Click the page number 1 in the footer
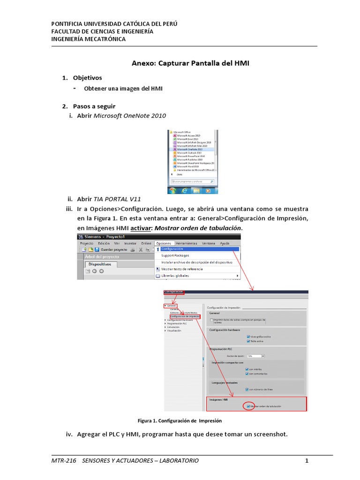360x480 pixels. (307, 461)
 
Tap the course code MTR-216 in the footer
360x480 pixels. (63, 461)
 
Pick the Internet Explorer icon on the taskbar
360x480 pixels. (185, 190)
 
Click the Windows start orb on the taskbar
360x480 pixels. (172, 190)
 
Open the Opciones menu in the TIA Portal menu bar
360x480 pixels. (164, 243)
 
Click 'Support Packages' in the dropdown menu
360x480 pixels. (176, 255)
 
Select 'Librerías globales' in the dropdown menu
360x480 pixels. (175, 276)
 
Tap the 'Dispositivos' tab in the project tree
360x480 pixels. (99, 264)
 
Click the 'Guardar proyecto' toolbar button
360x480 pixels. (112, 249)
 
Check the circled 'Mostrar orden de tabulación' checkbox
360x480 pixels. (248, 406)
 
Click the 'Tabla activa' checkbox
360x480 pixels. (248, 341)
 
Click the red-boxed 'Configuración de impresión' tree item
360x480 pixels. (185, 316)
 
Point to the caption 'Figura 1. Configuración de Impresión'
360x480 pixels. (180, 420)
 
